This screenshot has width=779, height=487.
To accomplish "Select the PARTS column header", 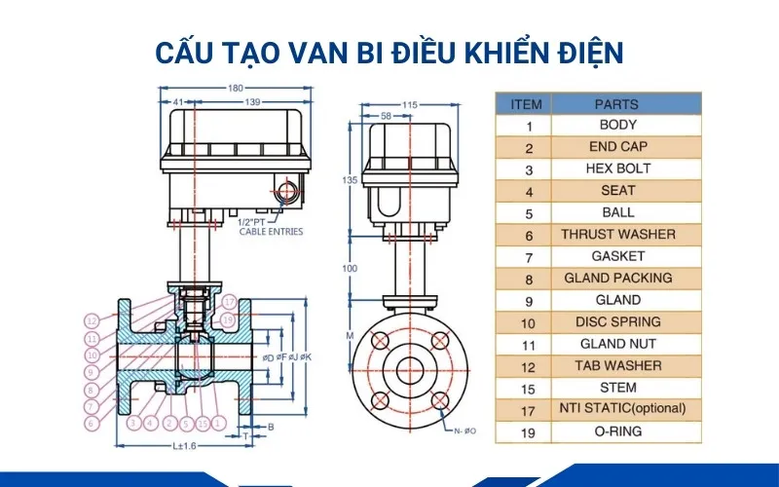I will click(615, 104).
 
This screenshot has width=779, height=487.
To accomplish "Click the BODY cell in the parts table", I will click(617, 125).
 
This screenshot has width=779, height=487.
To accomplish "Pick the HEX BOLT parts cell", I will click(617, 169).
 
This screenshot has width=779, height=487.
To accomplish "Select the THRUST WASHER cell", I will click(617, 235).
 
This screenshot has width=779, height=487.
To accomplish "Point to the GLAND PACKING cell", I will click(617, 278).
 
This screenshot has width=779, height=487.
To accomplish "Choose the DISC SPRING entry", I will click(617, 321).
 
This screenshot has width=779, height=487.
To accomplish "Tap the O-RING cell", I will click(617, 431).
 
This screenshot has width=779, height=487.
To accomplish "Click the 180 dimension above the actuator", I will click(235, 89).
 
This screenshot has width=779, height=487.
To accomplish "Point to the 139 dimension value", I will click(251, 102).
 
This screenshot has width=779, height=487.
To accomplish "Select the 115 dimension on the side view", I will click(409, 104).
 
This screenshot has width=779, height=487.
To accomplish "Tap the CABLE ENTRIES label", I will click(272, 232).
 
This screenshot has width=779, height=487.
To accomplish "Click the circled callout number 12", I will click(91, 320).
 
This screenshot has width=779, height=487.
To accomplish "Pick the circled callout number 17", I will click(229, 302).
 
